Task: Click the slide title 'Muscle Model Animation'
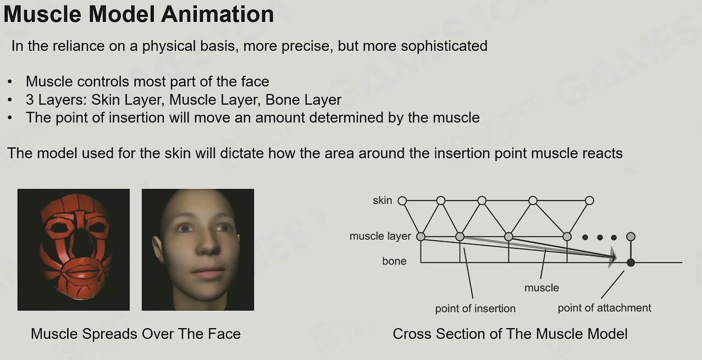click(x=139, y=14)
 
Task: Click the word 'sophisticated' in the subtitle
click(x=444, y=46)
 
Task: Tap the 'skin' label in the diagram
click(x=383, y=201)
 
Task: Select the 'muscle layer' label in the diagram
click(x=380, y=236)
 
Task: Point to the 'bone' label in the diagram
click(x=394, y=261)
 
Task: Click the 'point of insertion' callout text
click(x=475, y=309)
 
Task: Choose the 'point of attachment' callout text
click(x=604, y=308)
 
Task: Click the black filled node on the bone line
click(x=631, y=263)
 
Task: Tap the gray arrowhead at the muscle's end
click(x=612, y=257)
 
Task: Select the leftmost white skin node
click(x=402, y=201)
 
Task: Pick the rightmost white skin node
click(x=589, y=201)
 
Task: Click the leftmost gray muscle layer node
click(x=421, y=236)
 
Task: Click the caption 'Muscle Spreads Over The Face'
click(x=136, y=334)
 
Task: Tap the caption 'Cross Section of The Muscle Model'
click(x=510, y=334)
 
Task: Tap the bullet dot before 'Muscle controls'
click(x=10, y=82)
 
